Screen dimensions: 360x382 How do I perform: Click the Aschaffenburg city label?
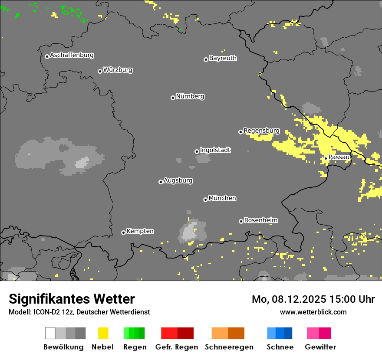(72, 55)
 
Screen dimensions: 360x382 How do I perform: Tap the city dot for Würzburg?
(100, 71)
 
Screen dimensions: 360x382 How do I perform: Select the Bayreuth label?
(223, 58)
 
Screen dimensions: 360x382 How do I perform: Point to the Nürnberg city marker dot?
(173, 98)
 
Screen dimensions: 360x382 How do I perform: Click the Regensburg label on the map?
(261, 131)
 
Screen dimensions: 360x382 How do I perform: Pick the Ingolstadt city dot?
(197, 151)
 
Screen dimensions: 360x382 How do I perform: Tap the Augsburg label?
(178, 180)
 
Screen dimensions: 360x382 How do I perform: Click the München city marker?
(205, 200)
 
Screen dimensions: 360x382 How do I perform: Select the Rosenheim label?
(260, 220)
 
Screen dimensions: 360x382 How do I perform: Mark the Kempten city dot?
(123, 232)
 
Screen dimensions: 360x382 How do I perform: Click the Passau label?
(339, 157)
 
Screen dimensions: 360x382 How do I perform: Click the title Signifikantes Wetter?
(72, 299)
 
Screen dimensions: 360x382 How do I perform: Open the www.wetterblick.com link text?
(313, 312)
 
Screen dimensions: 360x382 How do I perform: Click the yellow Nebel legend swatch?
(103, 333)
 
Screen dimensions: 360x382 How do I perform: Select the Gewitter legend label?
(320, 347)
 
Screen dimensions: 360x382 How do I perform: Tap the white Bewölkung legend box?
(50, 333)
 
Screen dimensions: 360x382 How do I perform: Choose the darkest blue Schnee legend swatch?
(288, 333)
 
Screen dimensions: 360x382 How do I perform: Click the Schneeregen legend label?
(229, 347)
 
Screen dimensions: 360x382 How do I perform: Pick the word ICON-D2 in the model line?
(44, 312)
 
